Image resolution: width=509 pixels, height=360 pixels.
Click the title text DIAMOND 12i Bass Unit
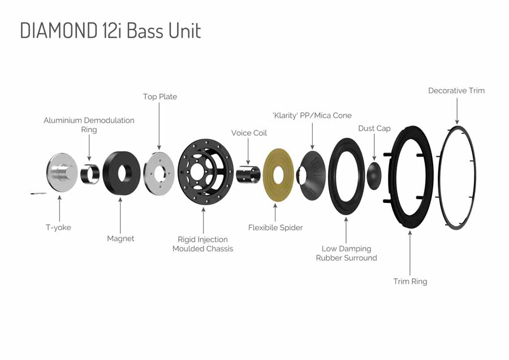(x=110, y=31)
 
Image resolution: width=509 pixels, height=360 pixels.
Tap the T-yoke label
(x=59, y=227)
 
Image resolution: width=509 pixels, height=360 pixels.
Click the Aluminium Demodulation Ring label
(x=89, y=125)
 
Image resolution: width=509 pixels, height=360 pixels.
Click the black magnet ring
(x=122, y=173)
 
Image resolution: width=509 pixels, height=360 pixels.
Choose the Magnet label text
(x=120, y=238)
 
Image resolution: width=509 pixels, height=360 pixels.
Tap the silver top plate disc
(x=159, y=172)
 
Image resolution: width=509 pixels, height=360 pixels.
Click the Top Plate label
(x=159, y=97)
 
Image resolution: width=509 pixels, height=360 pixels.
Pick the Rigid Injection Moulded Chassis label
(x=202, y=244)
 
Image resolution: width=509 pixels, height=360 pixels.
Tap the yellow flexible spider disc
(x=278, y=175)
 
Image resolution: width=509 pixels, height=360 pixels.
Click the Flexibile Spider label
(x=275, y=228)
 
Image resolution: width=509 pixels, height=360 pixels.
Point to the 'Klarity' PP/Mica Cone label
(x=312, y=115)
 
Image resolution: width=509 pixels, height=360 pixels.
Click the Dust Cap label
(x=374, y=128)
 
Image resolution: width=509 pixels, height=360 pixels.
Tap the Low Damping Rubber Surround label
(x=346, y=253)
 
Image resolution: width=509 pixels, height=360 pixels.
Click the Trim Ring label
(x=410, y=281)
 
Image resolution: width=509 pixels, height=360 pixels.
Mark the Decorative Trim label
(x=456, y=90)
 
